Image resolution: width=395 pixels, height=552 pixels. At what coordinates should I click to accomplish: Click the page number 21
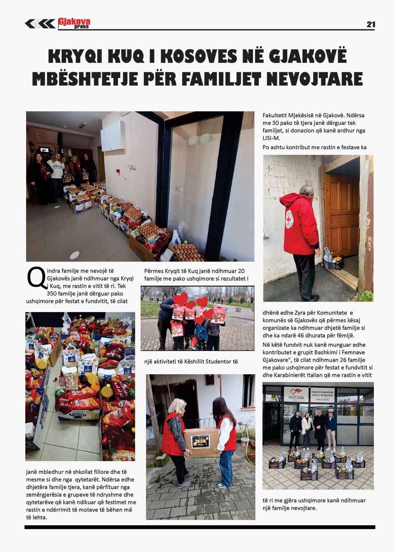coord(370,24)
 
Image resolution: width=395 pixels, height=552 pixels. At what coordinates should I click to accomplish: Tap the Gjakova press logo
coord(74,23)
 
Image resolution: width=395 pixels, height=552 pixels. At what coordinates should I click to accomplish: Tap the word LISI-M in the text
coord(271,138)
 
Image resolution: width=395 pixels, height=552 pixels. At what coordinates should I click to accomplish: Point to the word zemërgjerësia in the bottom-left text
coord(43,495)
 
